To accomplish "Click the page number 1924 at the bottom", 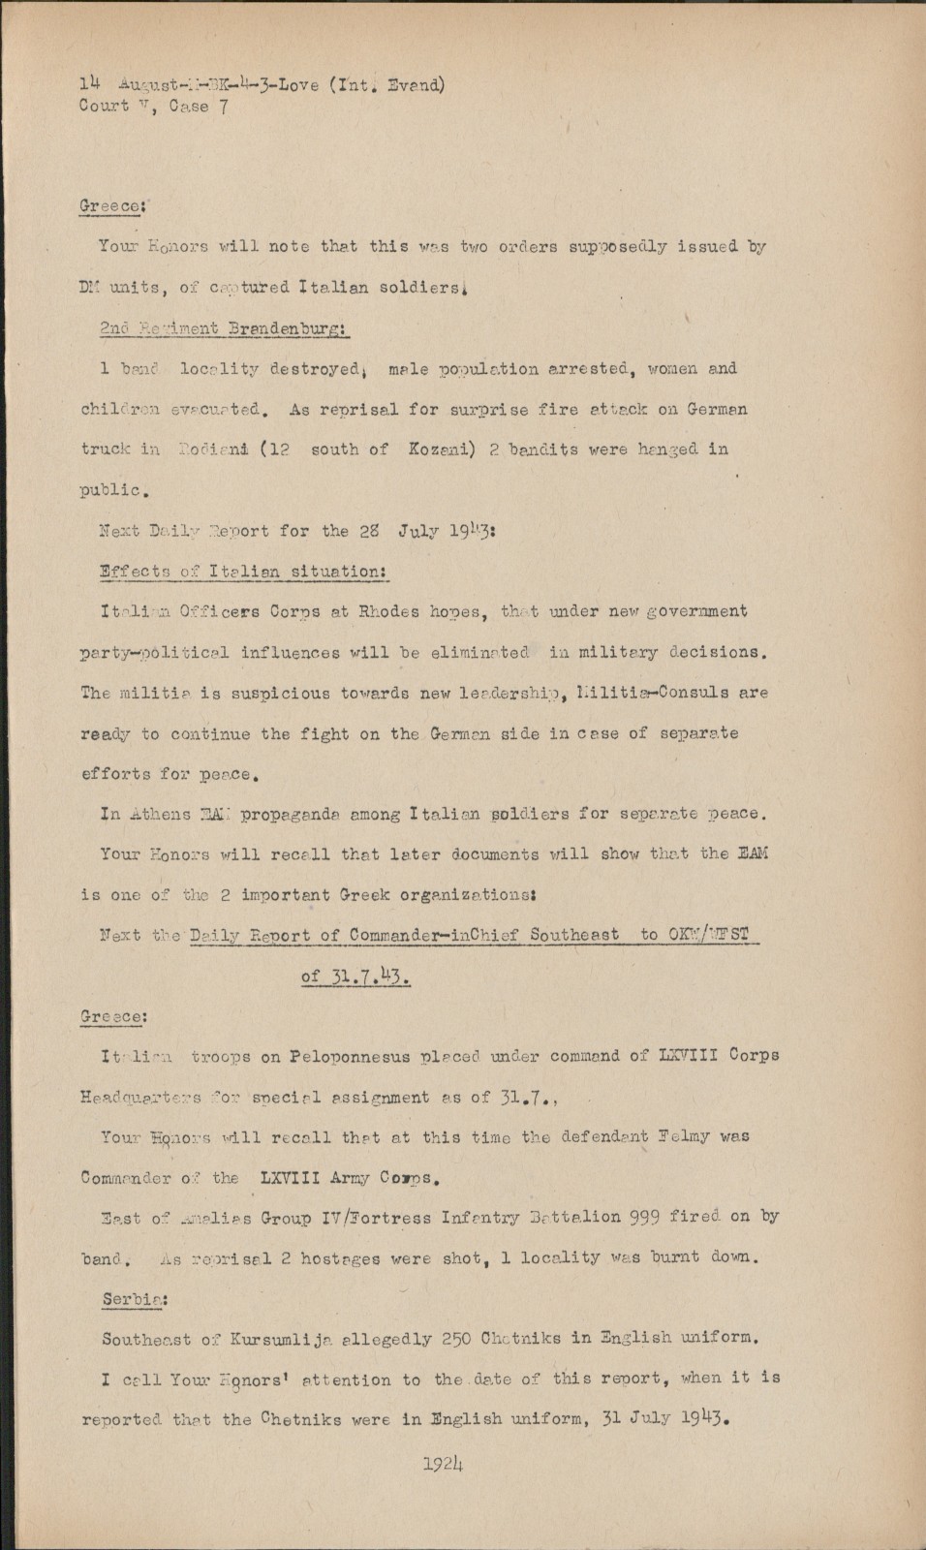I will [x=445, y=1463].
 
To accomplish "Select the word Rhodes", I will [x=391, y=611].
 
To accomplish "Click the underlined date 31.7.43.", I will [x=355, y=976].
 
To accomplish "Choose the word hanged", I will [x=664, y=449].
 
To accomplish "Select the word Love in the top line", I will [x=298, y=84].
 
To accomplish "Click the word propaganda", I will [x=314, y=814].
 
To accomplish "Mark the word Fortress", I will [x=397, y=1217].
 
